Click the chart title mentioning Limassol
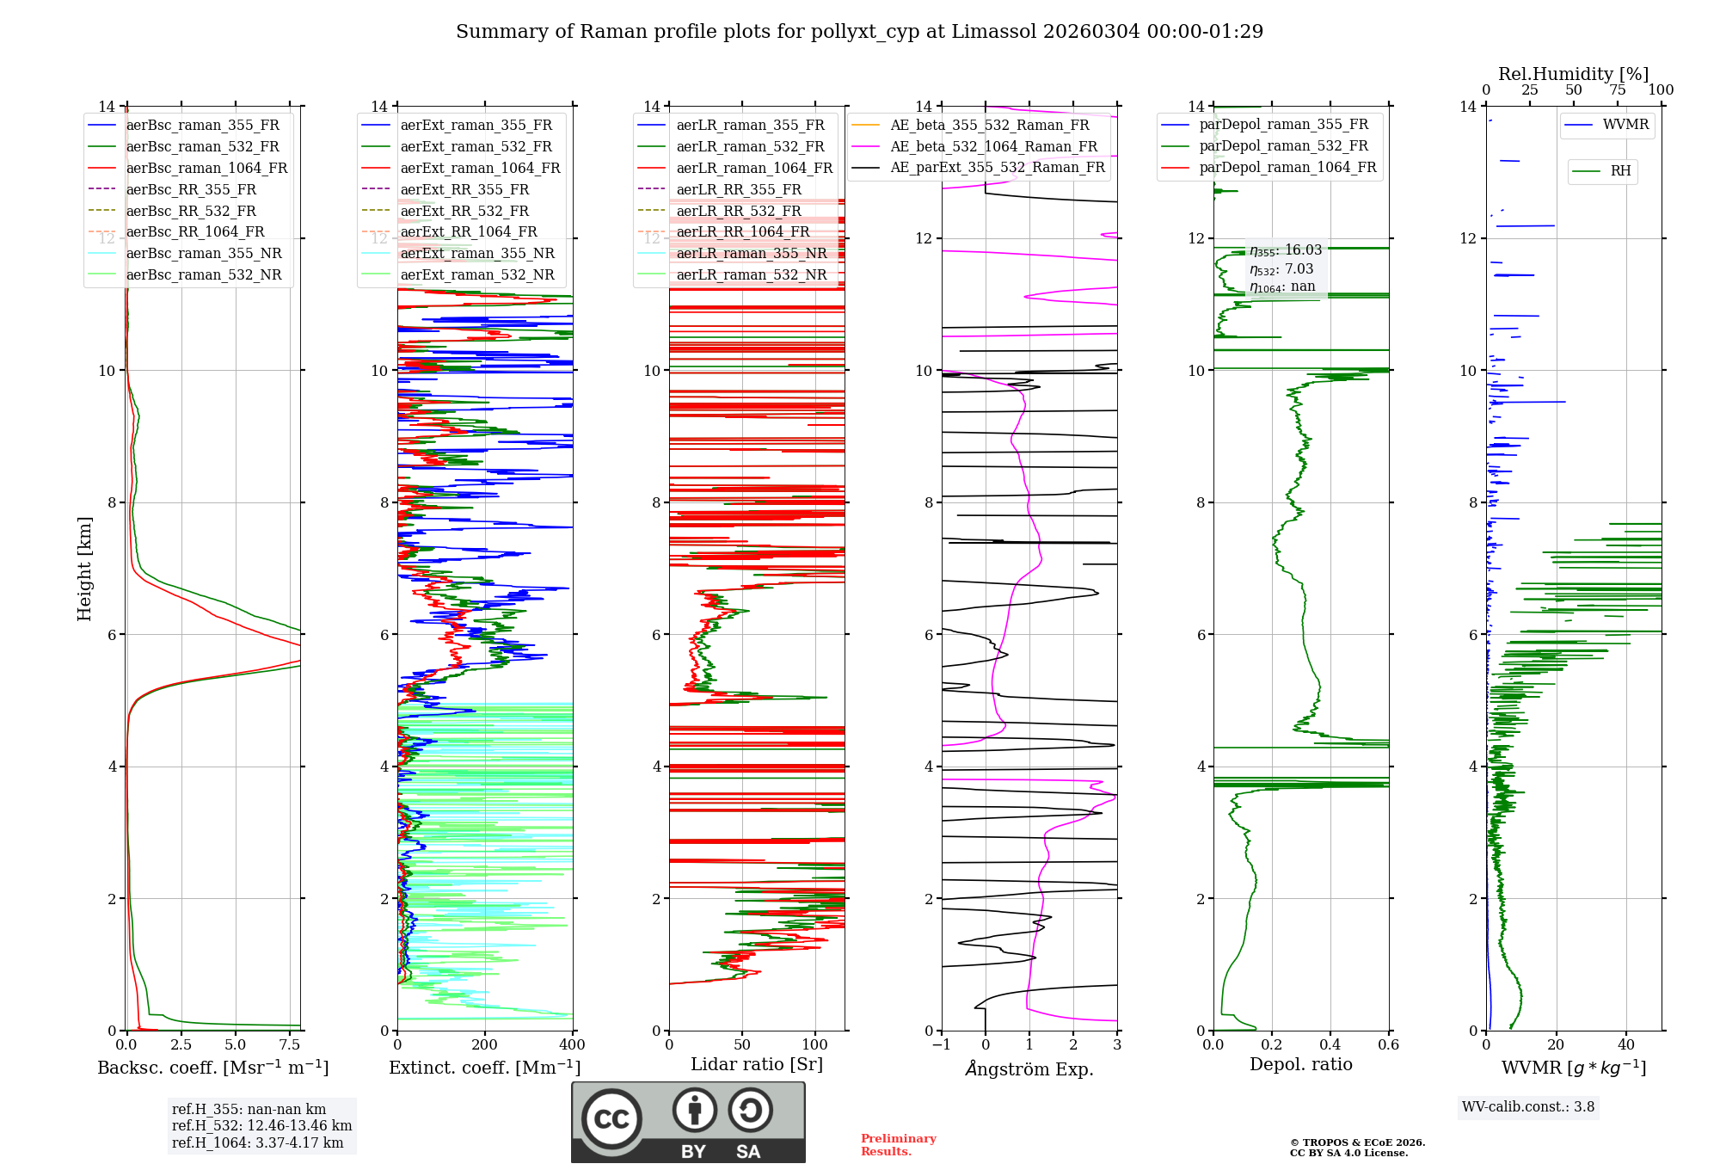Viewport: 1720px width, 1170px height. (859, 32)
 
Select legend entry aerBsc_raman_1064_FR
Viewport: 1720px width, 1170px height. (206, 169)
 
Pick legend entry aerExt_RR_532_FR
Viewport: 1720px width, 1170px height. (464, 212)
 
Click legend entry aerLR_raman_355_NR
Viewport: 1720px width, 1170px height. (751, 254)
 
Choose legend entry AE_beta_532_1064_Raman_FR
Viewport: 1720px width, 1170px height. (993, 147)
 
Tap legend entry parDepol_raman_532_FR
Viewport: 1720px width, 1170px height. (1283, 146)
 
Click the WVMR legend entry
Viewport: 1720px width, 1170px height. (1625, 125)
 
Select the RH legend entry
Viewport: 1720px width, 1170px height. (1620, 171)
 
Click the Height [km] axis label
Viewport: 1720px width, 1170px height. (84, 568)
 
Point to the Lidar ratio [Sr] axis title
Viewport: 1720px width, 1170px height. (757, 1065)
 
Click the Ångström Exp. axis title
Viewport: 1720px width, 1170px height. (1029, 1069)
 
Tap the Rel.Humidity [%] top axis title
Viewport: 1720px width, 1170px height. (1573, 74)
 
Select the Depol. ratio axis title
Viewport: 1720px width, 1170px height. (1300, 1065)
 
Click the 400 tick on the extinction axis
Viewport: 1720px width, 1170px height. (572, 1045)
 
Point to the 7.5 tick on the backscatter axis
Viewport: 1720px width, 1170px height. (290, 1045)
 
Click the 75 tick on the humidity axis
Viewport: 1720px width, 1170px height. (1617, 90)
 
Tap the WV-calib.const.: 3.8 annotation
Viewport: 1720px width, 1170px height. (1527, 1107)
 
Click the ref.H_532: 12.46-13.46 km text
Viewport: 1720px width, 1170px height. (261, 1126)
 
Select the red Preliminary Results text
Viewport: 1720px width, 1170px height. (898, 1145)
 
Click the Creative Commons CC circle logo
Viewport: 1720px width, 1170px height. (611, 1119)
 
